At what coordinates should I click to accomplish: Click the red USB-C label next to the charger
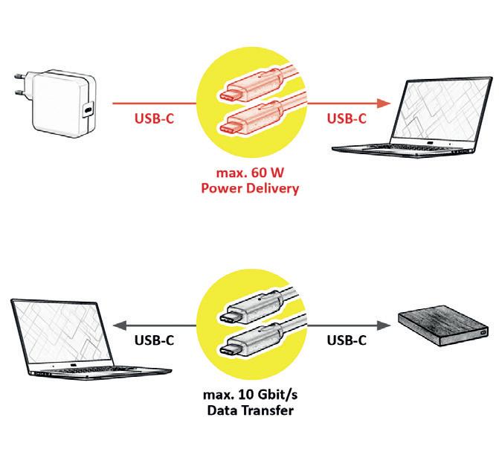coord(155,118)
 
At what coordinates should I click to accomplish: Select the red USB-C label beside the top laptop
coord(348,118)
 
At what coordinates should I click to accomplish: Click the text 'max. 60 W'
coord(250,174)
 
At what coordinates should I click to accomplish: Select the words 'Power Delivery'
coord(250,188)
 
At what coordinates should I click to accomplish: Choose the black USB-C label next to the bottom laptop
coord(155,340)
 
